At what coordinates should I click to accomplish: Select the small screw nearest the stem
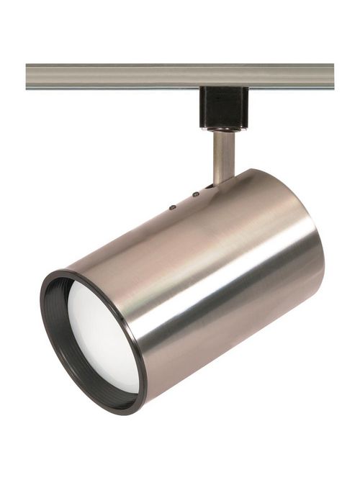click(196, 194)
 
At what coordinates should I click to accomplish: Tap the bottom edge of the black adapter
click(223, 127)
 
